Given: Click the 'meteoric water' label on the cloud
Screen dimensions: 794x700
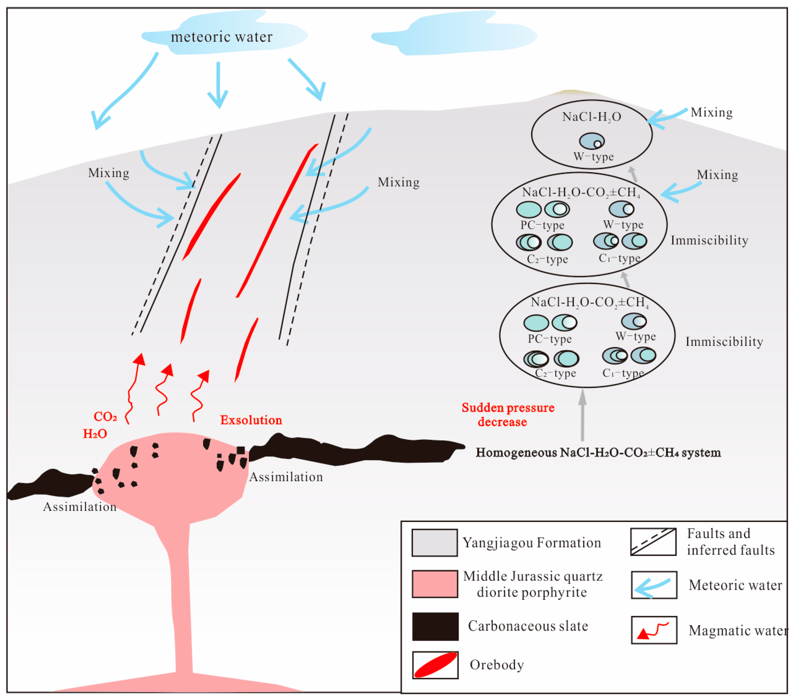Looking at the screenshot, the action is (222, 37).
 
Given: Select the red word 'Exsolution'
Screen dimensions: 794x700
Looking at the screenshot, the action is (251, 420).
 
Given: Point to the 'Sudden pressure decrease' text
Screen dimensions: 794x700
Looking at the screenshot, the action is (508, 415).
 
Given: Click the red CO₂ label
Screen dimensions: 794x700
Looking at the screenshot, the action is (105, 417).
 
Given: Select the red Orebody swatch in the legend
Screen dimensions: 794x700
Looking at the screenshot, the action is (435, 665).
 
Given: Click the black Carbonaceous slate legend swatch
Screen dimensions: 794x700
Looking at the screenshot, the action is (435, 627).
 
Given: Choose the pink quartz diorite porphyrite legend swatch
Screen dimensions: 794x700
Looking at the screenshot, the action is (435, 584).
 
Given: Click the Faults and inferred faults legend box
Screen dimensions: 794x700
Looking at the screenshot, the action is (653, 542).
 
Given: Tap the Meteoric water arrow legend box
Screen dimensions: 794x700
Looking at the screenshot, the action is (654, 585).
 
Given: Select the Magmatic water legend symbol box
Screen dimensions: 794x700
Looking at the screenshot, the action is (654, 630).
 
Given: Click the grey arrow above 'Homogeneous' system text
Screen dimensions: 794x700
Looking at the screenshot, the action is (582, 415).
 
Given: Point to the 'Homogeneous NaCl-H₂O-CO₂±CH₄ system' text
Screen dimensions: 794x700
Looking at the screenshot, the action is (598, 453).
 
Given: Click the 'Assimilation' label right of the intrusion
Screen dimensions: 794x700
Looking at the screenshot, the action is (286, 477).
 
